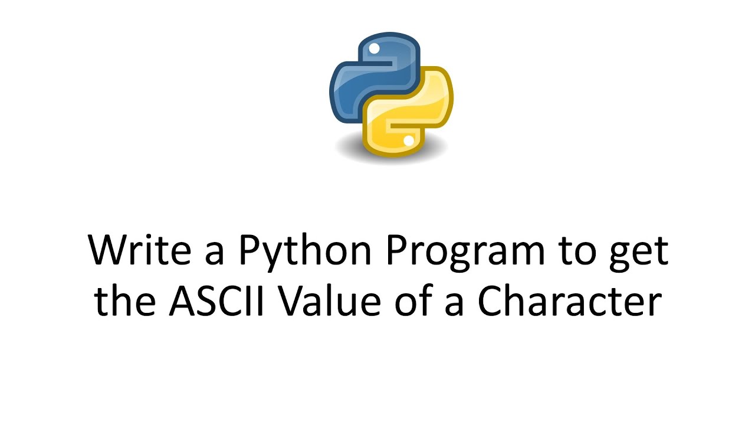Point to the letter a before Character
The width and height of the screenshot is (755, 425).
pyautogui.click(x=455, y=305)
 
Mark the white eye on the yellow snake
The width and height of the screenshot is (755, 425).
pyautogui.click(x=408, y=140)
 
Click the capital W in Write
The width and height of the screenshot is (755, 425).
pyautogui.click(x=106, y=251)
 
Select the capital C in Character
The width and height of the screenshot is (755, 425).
pyautogui.click(x=491, y=302)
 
